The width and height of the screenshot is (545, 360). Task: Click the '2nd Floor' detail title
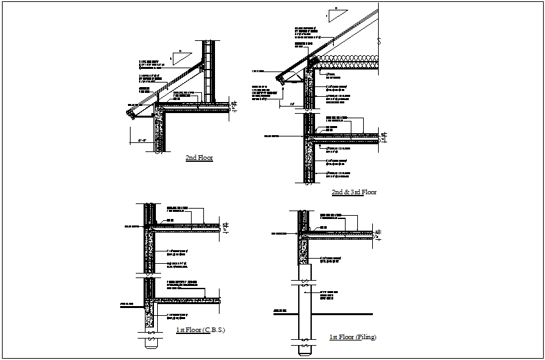click(x=199, y=158)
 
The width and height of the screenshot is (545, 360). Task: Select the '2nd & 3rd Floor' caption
click(x=354, y=192)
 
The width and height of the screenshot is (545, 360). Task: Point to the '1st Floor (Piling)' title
click(x=353, y=337)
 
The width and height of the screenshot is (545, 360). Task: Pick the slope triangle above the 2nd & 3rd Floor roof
click(x=336, y=14)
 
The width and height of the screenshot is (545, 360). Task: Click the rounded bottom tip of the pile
click(x=303, y=353)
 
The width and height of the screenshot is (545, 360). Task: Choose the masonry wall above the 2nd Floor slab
click(x=209, y=71)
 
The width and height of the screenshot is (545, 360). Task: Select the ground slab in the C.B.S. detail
click(x=188, y=300)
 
